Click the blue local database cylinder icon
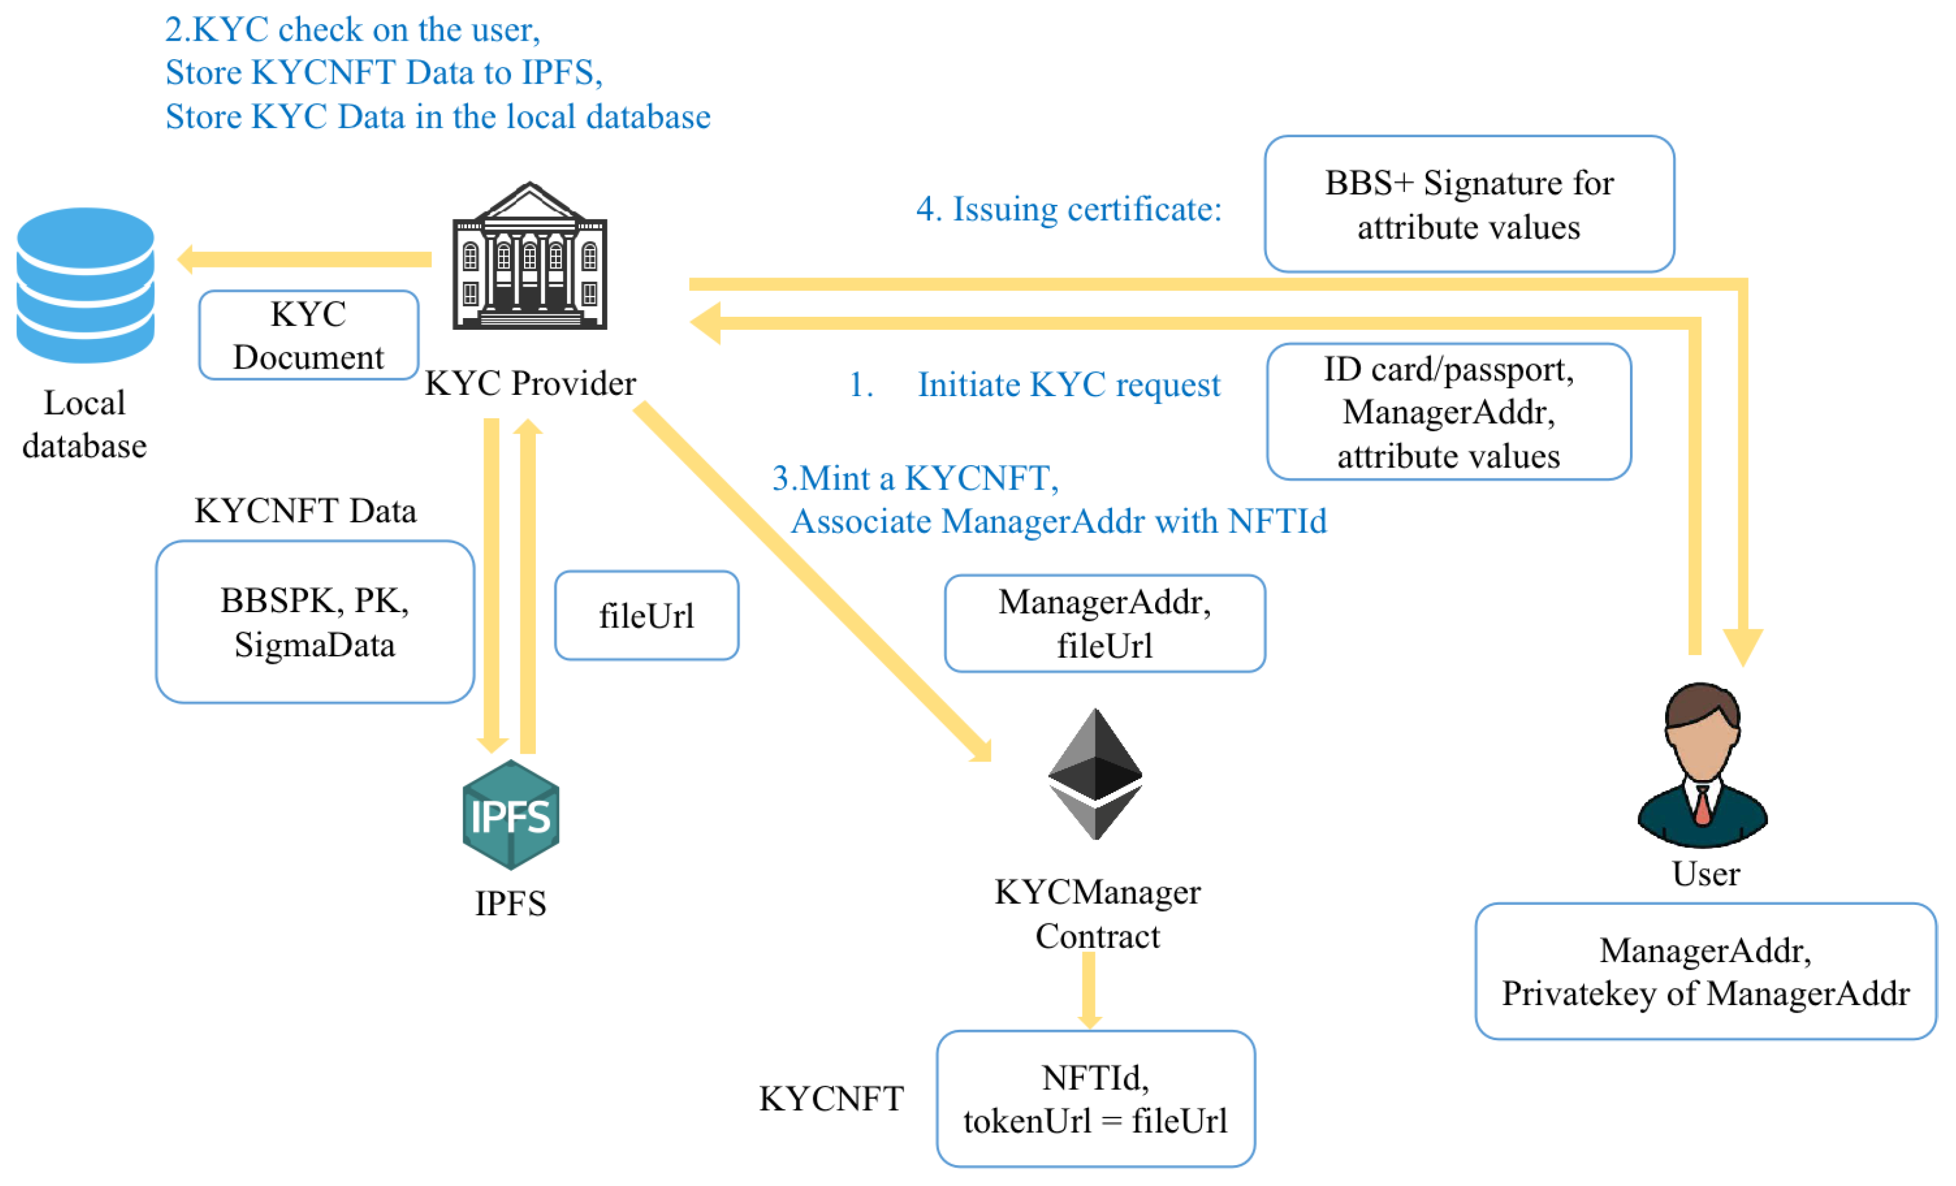85,285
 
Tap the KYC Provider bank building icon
530,256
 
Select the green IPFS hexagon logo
511,814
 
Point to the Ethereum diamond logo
1095,774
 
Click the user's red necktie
1703,805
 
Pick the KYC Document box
309,335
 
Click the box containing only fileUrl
647,615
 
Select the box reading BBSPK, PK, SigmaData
315,621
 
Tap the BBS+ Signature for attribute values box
1469,204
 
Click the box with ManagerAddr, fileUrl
1105,623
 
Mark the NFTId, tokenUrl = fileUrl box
1095,1099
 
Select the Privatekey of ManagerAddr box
1706,971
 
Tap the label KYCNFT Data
306,511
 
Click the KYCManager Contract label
1098,913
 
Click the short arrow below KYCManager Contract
1089,990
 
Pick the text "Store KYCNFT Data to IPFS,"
384,73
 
